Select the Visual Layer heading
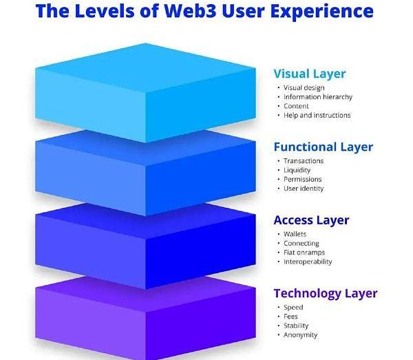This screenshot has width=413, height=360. pyautogui.click(x=309, y=74)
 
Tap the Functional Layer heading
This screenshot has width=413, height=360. pyautogui.click(x=323, y=147)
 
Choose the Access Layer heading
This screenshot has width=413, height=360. pyautogui.click(x=311, y=220)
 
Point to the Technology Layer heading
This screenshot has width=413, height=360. pyautogui.click(x=325, y=293)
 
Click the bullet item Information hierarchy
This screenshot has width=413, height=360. pyautogui.click(x=317, y=97)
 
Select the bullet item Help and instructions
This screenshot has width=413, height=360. pyautogui.click(x=317, y=115)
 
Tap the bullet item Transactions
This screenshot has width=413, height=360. pyautogui.click(x=303, y=161)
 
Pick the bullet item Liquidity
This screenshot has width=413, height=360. pyautogui.click(x=297, y=170)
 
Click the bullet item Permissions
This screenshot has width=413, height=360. pyautogui.click(x=303, y=179)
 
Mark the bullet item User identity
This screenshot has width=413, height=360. pyautogui.click(x=304, y=188)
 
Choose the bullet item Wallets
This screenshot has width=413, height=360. pyautogui.click(x=295, y=234)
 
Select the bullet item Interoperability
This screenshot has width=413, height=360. pyautogui.click(x=308, y=262)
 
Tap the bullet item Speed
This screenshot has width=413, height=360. pyautogui.click(x=293, y=308)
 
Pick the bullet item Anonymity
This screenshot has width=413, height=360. pyautogui.click(x=301, y=335)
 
